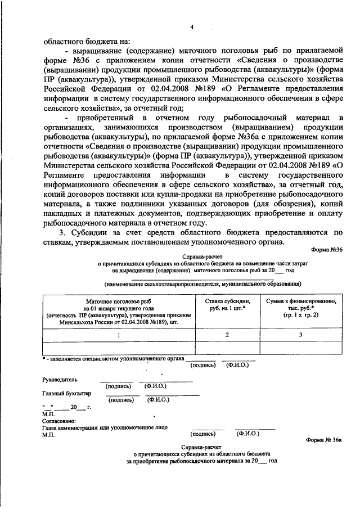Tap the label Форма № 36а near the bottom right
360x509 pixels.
(x=323, y=442)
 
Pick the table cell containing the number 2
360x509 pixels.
(x=227, y=335)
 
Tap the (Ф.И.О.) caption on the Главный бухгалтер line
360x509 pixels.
(x=159, y=400)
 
